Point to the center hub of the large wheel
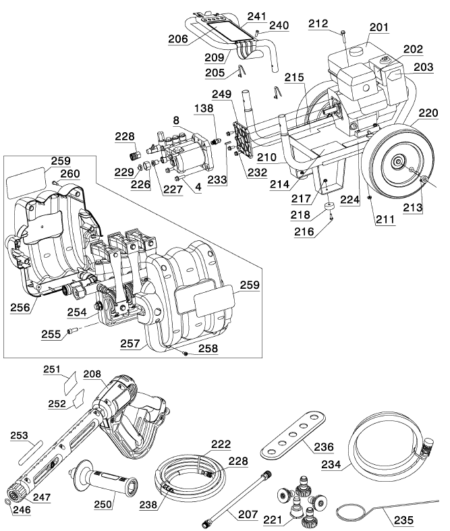click(397, 162)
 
